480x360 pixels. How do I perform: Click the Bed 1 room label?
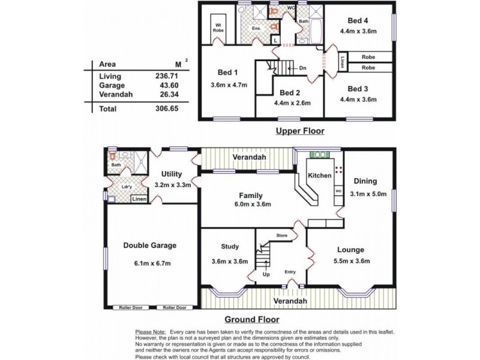(229, 72)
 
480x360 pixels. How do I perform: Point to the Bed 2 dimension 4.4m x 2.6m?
(289, 103)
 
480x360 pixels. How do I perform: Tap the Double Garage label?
(150, 245)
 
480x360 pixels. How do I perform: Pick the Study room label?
(229, 246)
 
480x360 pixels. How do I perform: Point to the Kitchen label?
(319, 176)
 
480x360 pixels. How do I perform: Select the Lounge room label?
(351, 250)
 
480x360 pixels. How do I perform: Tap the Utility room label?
(172, 174)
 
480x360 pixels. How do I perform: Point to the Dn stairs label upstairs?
(302, 68)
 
